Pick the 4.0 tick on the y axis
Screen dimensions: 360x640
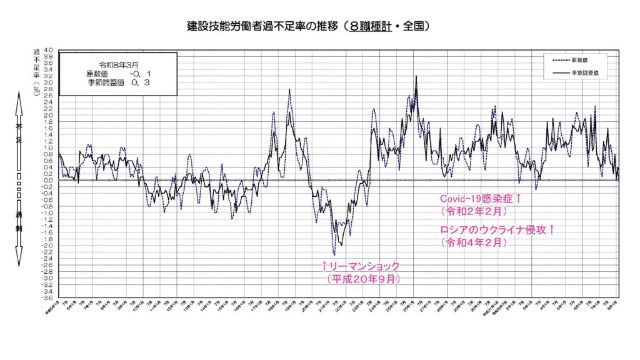48,50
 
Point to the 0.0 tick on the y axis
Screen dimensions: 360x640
48,180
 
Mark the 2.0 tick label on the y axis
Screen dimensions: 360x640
48,115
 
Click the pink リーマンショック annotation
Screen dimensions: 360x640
360,266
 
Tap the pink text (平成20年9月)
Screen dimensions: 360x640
363,279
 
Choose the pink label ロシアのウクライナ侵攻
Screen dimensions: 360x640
497,230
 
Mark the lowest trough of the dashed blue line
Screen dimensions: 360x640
334,255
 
